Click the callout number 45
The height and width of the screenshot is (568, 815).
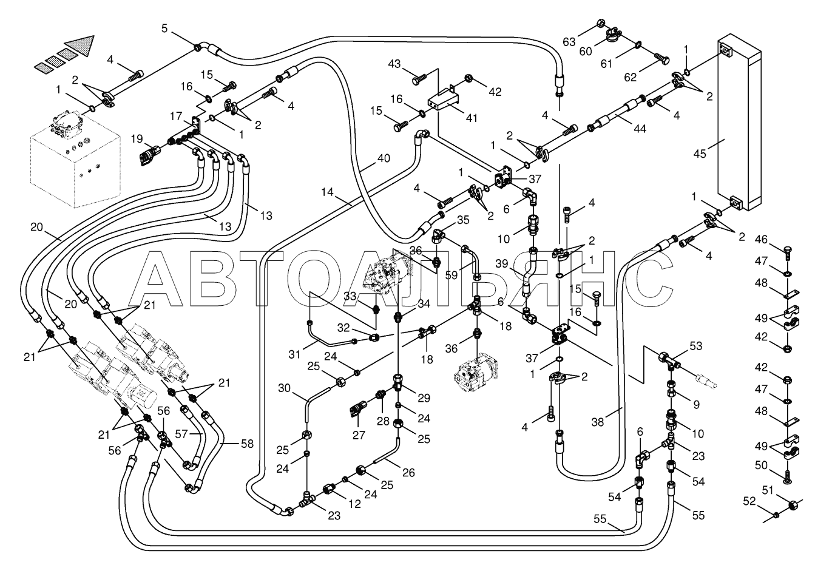click(700, 154)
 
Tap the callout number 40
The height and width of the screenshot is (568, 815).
click(384, 158)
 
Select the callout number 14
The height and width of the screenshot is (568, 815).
click(328, 192)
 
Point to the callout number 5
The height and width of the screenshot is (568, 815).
click(164, 29)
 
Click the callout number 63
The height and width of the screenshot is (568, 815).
click(569, 42)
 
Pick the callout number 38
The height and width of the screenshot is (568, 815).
click(597, 422)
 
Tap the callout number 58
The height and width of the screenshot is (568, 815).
click(247, 444)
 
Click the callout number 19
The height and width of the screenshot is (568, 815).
click(137, 138)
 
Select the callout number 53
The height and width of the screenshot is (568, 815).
click(695, 346)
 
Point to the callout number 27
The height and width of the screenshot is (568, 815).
click(359, 435)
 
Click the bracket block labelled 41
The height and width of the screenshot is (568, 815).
click(443, 100)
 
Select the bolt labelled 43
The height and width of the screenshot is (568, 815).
click(419, 79)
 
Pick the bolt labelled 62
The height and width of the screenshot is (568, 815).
click(661, 59)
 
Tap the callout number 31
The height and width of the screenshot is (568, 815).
click(294, 353)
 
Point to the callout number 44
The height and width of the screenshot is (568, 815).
click(640, 129)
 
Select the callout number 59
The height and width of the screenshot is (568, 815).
click(451, 275)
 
